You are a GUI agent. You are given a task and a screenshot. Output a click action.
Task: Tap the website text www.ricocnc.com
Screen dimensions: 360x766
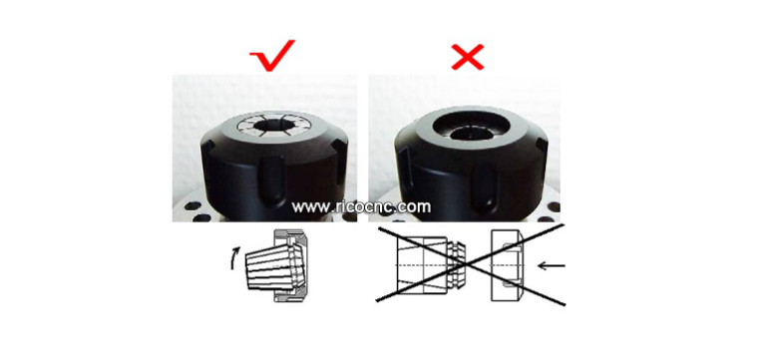363,207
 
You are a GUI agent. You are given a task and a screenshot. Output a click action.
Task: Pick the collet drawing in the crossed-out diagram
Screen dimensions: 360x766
424,266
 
